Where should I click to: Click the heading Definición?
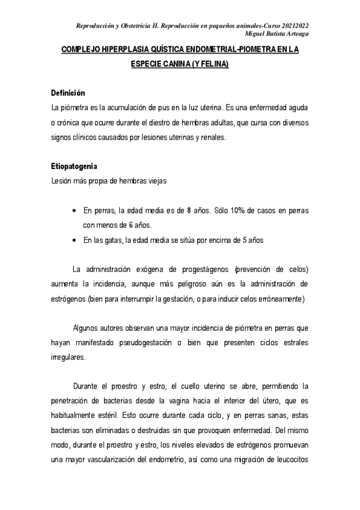[x=68, y=93]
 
